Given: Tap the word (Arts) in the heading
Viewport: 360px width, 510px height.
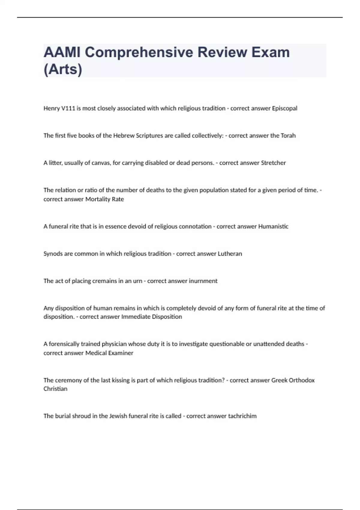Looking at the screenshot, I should click(x=63, y=69).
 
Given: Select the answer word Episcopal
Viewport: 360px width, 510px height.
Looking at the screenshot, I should click(x=284, y=108).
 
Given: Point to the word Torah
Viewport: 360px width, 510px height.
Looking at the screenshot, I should click(x=288, y=136).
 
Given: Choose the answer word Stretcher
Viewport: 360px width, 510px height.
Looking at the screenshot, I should click(x=273, y=163).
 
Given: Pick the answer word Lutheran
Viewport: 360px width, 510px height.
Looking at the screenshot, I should click(x=230, y=254).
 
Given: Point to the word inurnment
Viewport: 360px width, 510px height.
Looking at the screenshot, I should click(x=203, y=281).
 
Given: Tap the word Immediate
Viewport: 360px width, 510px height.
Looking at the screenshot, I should click(x=136, y=317).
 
